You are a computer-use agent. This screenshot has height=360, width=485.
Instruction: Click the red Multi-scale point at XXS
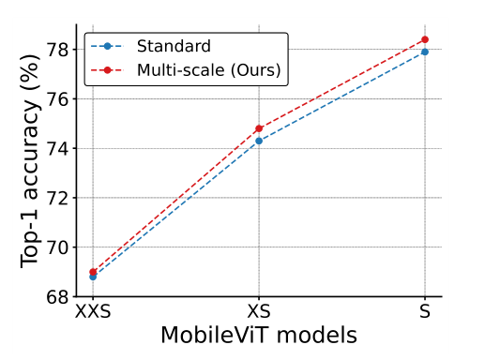(x=93, y=272)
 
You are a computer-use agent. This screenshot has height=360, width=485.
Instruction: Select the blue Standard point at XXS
(x=93, y=277)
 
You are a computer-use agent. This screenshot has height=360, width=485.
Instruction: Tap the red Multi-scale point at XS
(x=259, y=128)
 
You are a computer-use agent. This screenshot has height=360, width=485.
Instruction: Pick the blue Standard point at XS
(x=259, y=141)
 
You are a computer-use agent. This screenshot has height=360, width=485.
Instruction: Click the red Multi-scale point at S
(x=425, y=39)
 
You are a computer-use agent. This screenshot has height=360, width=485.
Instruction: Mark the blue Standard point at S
(x=425, y=52)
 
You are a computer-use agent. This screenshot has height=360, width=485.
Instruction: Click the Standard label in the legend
(x=174, y=46)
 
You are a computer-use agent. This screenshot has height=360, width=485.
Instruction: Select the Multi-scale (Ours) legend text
(x=207, y=69)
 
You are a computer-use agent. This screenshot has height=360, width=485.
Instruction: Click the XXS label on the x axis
(x=93, y=313)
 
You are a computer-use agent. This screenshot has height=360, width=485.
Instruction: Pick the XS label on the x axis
(x=259, y=313)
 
